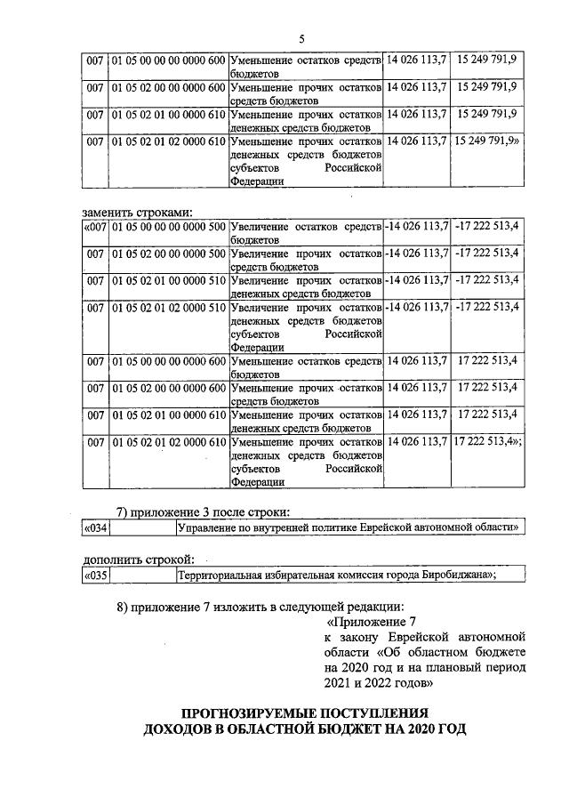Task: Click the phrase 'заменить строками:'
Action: (138, 212)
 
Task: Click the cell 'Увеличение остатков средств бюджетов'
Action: (305, 234)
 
